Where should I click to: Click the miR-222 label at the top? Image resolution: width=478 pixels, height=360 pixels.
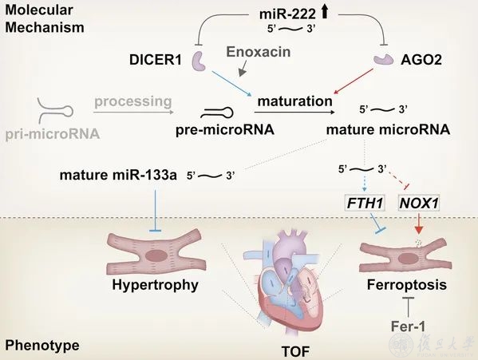click(287, 14)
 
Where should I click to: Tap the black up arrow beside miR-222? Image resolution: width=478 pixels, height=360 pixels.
click(324, 12)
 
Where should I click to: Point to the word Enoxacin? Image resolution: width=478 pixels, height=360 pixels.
click(259, 52)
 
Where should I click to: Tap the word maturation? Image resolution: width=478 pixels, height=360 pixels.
click(294, 101)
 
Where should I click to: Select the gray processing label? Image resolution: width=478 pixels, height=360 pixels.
click(133, 101)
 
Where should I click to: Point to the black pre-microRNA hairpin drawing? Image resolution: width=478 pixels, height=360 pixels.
click(217, 113)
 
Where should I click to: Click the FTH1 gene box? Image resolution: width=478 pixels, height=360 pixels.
click(365, 203)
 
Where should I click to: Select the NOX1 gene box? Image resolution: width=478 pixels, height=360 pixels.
click(419, 203)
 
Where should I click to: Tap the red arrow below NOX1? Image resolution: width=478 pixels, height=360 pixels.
click(419, 224)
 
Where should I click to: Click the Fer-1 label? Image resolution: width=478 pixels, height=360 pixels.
click(408, 326)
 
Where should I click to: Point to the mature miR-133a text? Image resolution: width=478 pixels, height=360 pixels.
click(118, 176)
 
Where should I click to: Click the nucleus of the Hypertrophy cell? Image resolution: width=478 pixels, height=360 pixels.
click(156, 255)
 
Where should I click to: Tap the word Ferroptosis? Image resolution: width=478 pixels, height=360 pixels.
click(407, 285)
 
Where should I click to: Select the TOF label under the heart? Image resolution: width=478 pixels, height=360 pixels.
click(295, 351)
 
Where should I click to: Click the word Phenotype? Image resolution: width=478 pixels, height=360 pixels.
click(42, 346)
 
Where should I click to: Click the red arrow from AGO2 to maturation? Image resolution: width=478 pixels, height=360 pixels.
click(354, 81)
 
